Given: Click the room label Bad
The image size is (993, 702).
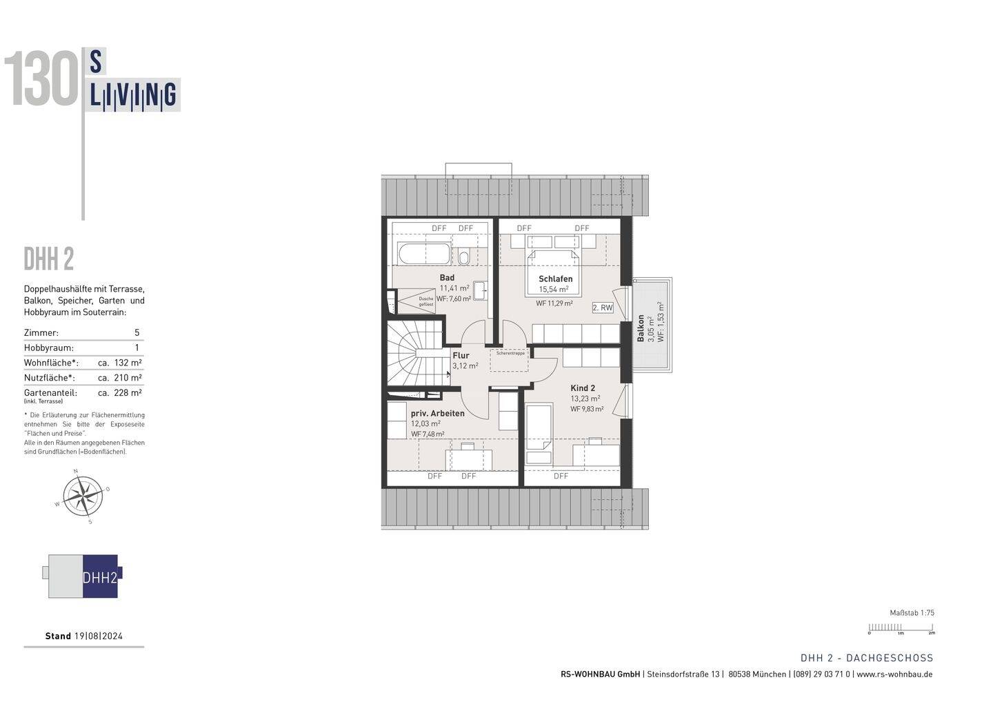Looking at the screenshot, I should point(447,278).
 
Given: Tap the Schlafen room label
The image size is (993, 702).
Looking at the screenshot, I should point(555,279).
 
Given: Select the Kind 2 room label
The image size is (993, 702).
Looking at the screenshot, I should point(583,388).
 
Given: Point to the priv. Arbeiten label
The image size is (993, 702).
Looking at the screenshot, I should point(437,414).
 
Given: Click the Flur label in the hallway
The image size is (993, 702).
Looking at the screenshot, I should point(461,356).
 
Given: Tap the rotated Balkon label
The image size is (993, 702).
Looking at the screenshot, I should point(641,328).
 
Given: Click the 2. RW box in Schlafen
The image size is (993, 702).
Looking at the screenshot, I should point(602,308).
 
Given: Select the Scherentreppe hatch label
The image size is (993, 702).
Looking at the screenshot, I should point(510,353).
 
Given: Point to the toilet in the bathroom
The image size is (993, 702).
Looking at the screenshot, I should point(464,258).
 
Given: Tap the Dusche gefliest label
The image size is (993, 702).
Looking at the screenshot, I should point(425,301).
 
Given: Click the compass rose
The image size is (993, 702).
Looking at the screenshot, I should point(83,496).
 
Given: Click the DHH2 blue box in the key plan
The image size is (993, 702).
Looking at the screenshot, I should point(100,577).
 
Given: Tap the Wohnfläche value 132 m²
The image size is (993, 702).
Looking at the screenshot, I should point(128,363).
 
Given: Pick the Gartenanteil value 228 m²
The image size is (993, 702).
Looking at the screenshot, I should point(128,393).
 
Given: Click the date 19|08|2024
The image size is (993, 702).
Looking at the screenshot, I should point(98,636).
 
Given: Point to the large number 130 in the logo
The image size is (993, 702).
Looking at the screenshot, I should point(43,81).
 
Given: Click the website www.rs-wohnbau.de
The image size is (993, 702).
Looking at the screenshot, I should point(894,674).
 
